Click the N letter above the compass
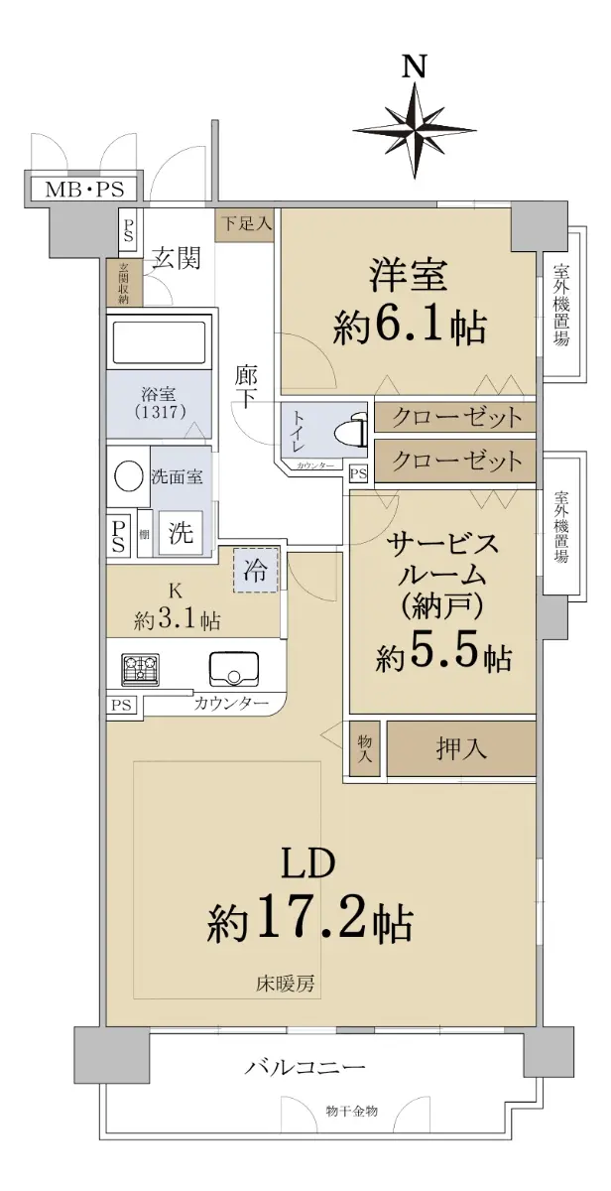pos(415,67)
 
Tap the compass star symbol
pos(415,129)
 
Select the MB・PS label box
pos(84,190)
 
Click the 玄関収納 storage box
pos(124,283)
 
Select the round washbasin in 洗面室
pos(129,474)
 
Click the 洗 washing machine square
pos(181,532)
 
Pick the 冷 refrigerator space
pos(256,570)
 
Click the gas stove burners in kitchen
pos(140,669)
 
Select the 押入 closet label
pos(460,748)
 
